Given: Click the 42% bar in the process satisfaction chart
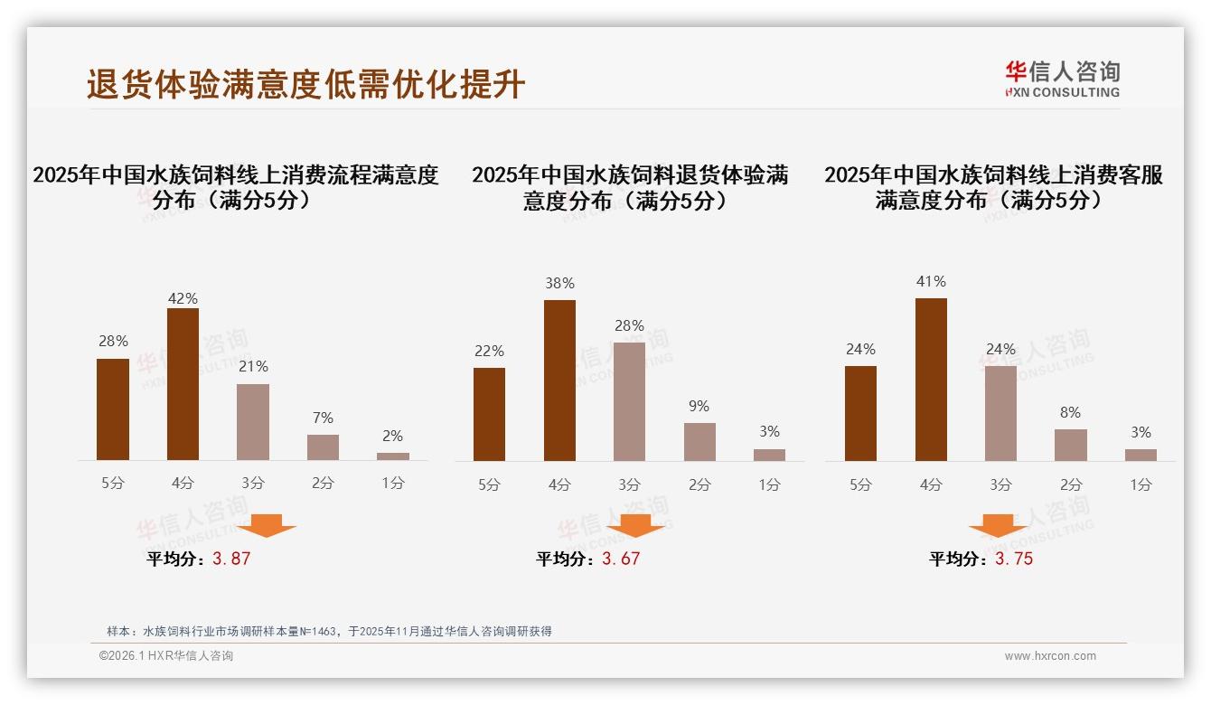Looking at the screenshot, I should (183, 384).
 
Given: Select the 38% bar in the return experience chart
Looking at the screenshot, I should (559, 381).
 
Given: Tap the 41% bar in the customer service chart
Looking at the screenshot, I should (931, 380).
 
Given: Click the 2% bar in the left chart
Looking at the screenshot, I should (393, 456).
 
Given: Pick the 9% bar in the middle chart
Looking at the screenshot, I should (699, 442).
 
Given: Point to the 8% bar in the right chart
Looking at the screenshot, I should (1071, 445).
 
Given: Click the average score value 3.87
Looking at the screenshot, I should (231, 559).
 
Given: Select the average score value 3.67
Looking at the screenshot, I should (621, 559).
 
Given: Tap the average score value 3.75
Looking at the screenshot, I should (1014, 559).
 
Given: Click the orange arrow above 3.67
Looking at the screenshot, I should (635, 525).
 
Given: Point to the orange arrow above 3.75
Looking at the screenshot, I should (998, 525).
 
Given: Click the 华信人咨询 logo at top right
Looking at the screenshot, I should (1062, 79).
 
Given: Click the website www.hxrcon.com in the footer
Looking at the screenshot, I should (1050, 656).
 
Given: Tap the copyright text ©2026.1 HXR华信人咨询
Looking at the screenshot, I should (166, 656).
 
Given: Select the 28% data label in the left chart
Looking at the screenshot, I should (113, 341).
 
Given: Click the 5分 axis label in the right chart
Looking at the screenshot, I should (860, 484).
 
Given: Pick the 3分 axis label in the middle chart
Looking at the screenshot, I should (629, 484).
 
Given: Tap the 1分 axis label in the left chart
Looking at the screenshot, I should (393, 483).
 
